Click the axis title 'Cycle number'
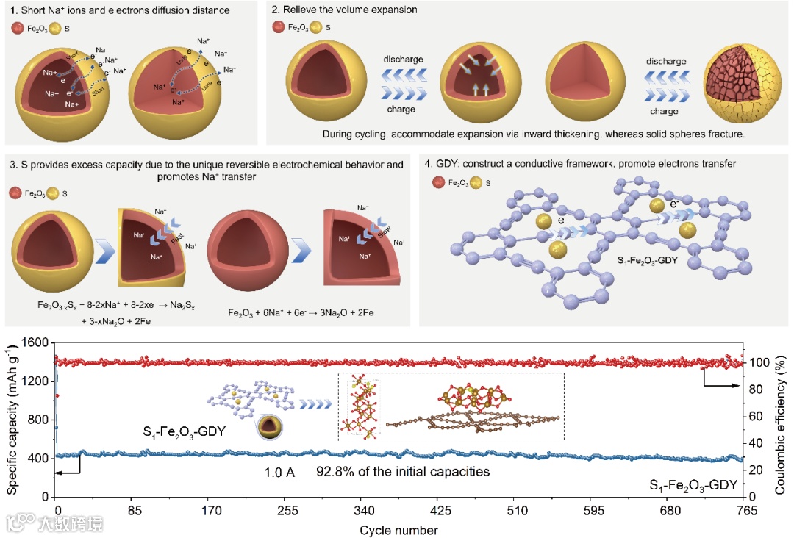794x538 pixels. [x=398, y=530]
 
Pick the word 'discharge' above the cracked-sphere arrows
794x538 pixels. [x=666, y=62]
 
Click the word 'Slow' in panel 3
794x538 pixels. [x=383, y=231]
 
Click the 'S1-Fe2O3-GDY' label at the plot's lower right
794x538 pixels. [x=693, y=485]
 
